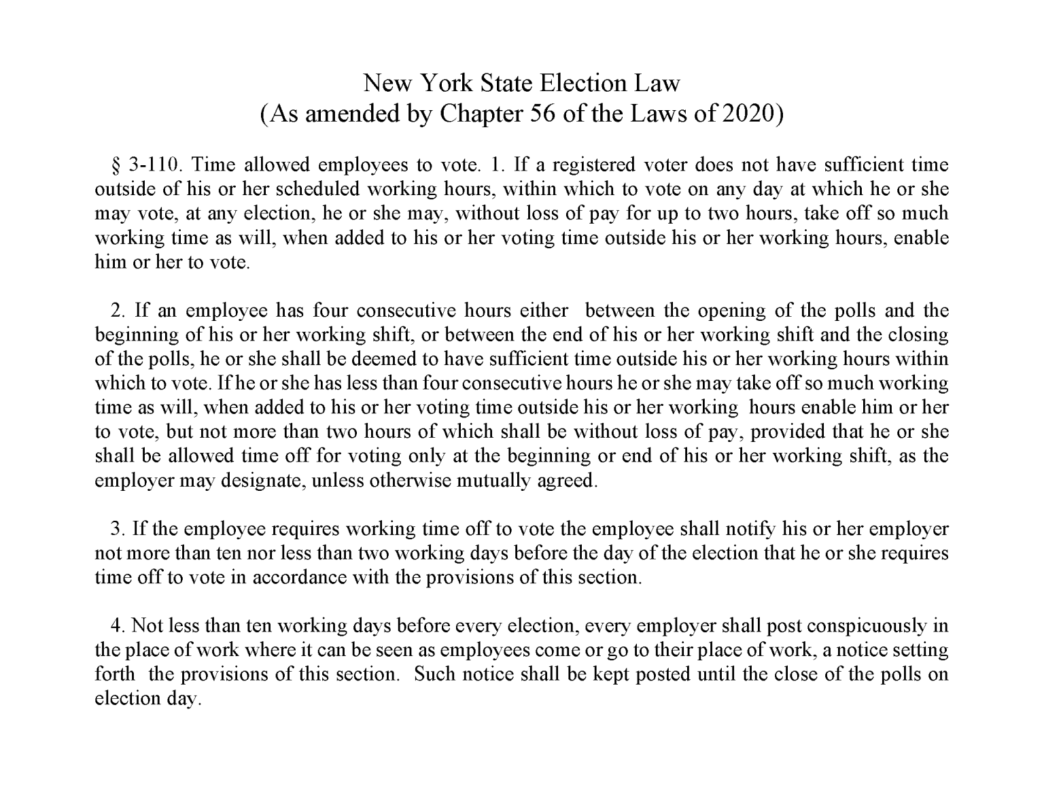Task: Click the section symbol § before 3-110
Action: (x=114, y=165)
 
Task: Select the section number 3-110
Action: (x=152, y=165)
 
